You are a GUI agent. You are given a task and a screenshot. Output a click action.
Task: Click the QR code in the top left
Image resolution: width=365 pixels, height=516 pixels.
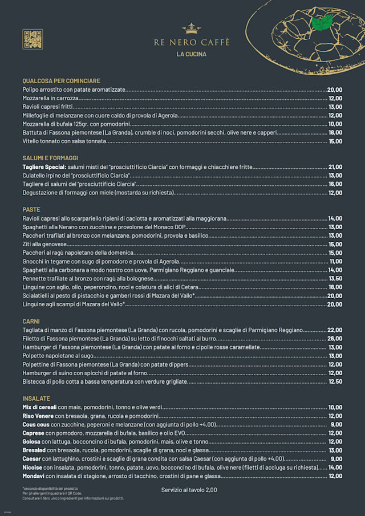coord(33,39)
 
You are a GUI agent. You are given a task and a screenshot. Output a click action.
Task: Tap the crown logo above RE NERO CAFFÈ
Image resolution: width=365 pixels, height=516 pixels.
coord(191,28)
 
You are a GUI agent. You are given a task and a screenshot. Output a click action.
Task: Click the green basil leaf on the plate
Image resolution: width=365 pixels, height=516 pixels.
coord(323,22)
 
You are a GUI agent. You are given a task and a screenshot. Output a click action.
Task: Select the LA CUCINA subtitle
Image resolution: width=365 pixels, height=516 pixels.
coord(192,55)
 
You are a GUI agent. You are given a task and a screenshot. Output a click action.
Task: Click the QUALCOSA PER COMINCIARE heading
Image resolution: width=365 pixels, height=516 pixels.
coord(61,81)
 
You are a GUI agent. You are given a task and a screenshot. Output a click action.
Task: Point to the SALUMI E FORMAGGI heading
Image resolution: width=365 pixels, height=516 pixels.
coord(50,158)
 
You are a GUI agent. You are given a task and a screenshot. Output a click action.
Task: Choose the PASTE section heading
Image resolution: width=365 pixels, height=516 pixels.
coord(31,209)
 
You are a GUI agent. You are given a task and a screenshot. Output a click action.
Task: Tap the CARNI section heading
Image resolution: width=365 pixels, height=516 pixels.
coord(31,322)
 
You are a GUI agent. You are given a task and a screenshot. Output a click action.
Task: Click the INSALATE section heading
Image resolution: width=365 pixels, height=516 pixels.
coord(36,399)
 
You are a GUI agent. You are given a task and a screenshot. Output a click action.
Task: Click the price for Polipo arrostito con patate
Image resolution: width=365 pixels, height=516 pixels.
coord(335,90)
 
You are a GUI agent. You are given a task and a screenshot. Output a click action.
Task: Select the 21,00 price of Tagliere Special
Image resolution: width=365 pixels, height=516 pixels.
coord(335,167)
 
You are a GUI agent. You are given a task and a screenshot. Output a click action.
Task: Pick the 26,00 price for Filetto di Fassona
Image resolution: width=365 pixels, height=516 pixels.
coord(335,339)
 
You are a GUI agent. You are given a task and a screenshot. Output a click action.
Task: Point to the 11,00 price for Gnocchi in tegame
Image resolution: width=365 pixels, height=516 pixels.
coord(336,261)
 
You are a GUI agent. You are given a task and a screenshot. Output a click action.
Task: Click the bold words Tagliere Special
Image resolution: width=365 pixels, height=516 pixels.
coord(44,167)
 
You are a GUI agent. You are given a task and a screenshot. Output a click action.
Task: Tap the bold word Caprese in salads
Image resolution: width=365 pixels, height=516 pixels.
coord(34,433)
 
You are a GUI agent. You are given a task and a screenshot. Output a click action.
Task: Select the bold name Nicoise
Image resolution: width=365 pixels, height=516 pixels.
coord(33,468)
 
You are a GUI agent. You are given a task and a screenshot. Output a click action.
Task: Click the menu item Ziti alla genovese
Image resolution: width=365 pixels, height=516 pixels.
coord(44,244)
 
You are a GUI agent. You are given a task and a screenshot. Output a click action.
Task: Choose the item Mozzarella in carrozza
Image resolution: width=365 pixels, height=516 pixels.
coord(50,98)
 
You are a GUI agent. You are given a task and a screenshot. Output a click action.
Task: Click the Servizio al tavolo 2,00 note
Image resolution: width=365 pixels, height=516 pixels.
coord(189,490)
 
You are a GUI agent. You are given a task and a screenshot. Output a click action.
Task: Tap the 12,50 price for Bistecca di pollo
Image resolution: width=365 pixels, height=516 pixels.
coord(335,381)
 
